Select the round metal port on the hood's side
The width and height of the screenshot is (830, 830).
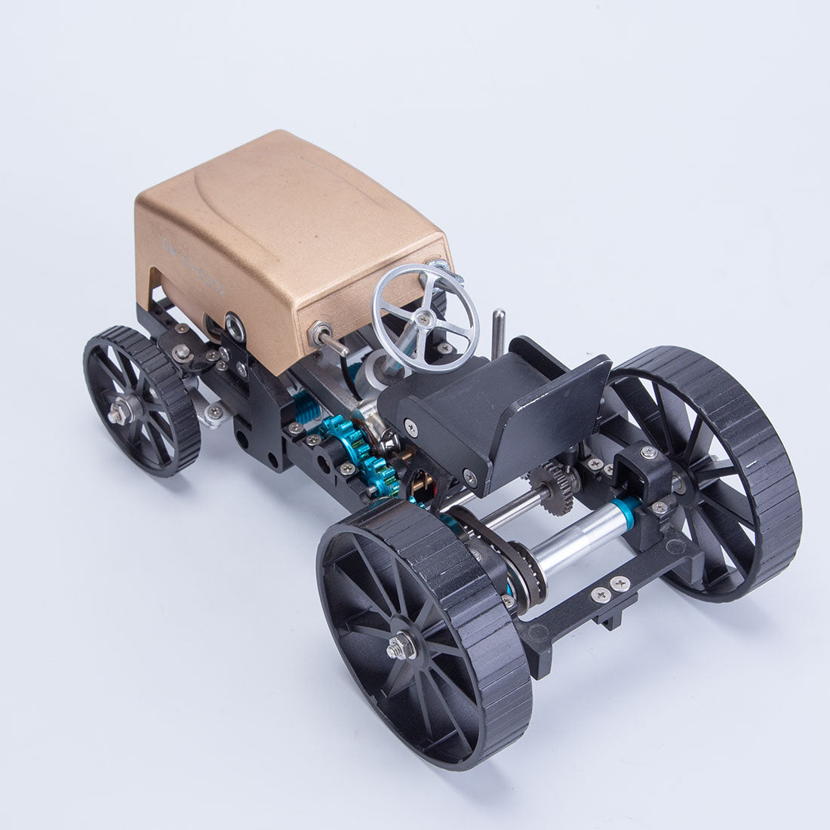[235, 324]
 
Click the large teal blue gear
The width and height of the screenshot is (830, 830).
[359, 453]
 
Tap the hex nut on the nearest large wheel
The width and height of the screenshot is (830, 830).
[399, 647]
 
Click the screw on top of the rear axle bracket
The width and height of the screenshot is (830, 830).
[648, 453]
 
